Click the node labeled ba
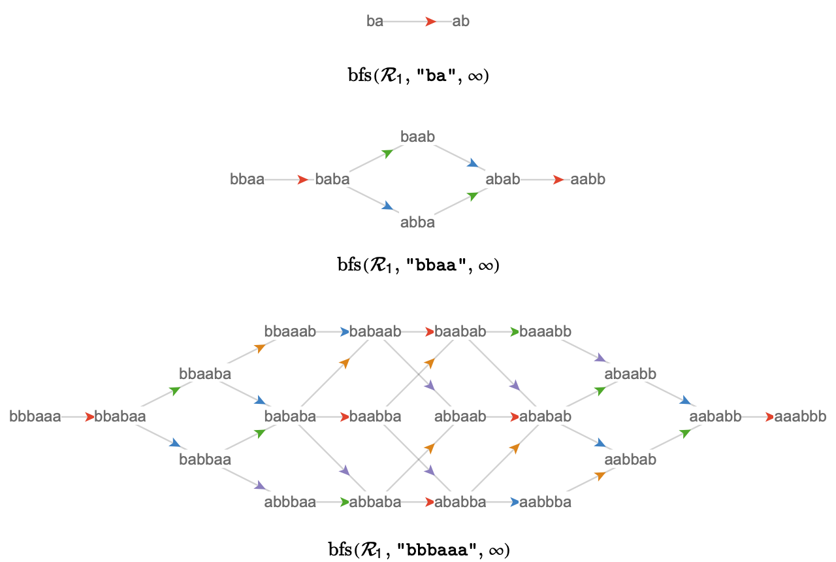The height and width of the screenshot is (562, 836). (375, 22)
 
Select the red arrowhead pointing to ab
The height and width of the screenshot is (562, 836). (430, 22)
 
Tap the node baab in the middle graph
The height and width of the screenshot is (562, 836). (417, 137)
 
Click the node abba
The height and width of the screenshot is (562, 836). (417, 223)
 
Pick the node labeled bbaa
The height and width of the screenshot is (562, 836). (247, 180)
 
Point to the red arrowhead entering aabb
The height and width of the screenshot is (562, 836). (558, 180)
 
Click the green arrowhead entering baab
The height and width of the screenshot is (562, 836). (388, 153)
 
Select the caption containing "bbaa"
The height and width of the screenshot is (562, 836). (419, 265)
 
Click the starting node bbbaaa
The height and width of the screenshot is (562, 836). (35, 417)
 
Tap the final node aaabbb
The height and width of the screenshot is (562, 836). (801, 417)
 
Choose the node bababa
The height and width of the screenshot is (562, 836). (291, 417)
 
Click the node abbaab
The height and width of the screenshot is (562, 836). (460, 417)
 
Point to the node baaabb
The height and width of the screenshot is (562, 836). (545, 331)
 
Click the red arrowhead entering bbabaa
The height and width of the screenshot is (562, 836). (89, 417)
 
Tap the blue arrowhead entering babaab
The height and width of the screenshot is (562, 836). (345, 331)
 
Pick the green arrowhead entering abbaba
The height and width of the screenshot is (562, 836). (345, 503)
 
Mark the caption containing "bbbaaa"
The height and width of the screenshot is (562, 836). (419, 550)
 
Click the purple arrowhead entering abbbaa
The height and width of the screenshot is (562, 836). (260, 486)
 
